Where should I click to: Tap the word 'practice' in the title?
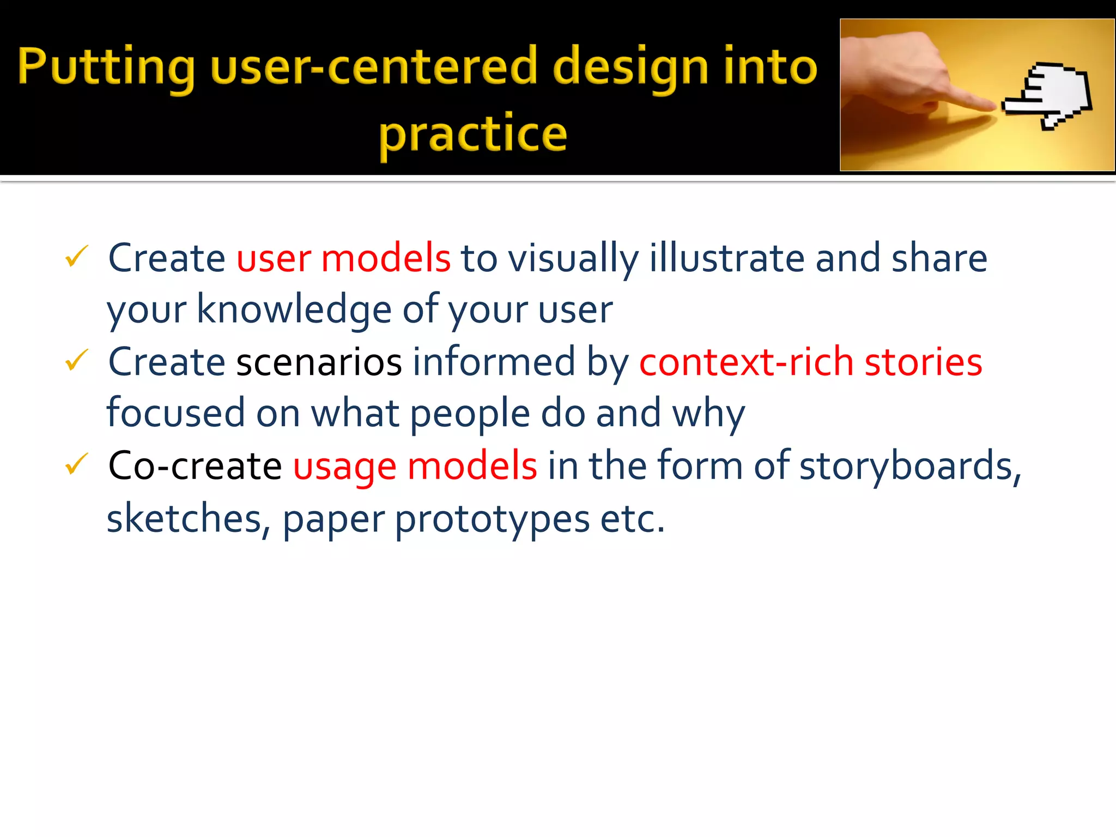(x=473, y=134)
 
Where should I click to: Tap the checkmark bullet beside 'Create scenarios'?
(x=76, y=360)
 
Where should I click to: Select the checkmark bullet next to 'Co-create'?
(x=76, y=464)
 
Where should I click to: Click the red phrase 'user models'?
(x=343, y=258)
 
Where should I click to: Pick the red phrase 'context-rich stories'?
(x=810, y=362)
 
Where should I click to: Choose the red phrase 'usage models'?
(x=415, y=466)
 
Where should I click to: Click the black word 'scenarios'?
(x=319, y=362)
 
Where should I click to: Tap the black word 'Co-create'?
(x=195, y=466)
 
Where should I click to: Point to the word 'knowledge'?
(x=294, y=310)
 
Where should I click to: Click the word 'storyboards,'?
(x=910, y=466)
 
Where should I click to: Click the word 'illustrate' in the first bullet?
(x=726, y=258)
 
